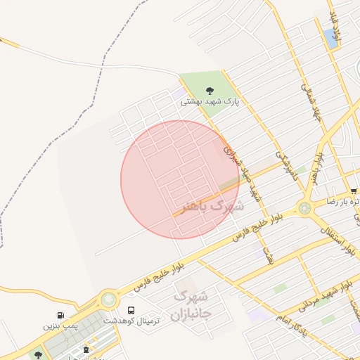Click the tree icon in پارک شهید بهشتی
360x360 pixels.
209,90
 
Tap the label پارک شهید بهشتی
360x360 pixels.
210,102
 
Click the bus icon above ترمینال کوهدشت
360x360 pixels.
131,309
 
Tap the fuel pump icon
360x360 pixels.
61,315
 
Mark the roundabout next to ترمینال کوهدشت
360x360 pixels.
108,300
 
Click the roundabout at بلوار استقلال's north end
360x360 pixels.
304,208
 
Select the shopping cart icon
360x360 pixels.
354,191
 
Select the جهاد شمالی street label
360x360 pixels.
310,103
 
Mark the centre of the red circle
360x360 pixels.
180,179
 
